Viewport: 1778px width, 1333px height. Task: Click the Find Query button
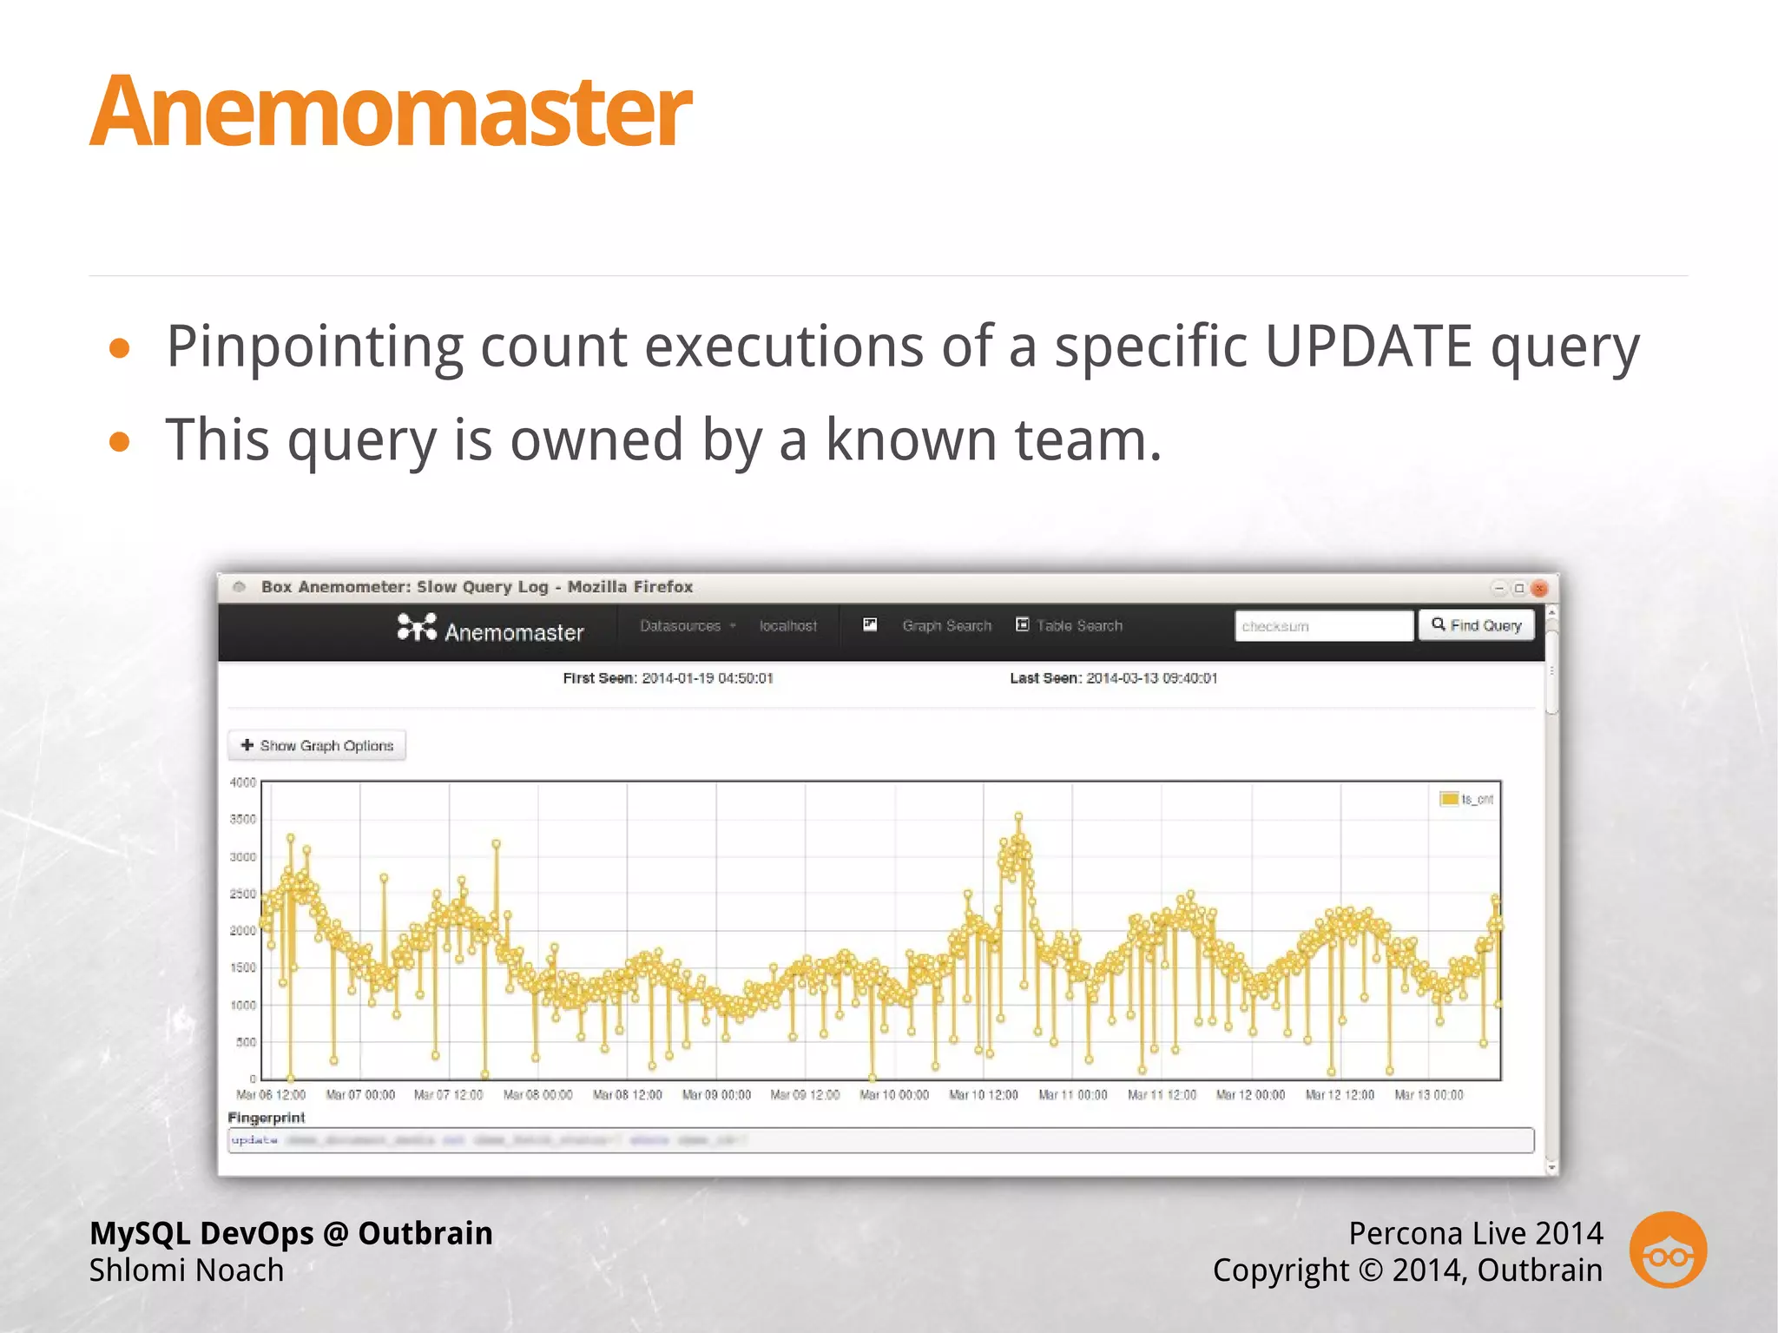tap(1476, 625)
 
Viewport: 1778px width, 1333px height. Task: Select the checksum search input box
tap(1323, 626)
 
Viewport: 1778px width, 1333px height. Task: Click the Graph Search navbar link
tap(946, 626)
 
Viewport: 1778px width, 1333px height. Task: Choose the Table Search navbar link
tap(1079, 626)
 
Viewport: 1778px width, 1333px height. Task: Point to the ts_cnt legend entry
tap(1467, 799)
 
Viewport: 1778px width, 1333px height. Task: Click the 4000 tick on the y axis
tap(243, 782)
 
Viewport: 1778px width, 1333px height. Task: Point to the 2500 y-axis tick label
tap(243, 894)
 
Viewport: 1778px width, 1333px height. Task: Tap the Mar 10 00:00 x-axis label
tap(894, 1095)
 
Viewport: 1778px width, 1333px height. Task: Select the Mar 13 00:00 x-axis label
tap(1429, 1095)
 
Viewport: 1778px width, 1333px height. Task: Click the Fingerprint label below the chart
tap(267, 1118)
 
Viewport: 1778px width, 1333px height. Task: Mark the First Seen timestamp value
tap(708, 678)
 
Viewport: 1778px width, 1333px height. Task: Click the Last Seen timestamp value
tap(1152, 678)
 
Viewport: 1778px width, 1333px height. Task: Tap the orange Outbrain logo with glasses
tap(1668, 1250)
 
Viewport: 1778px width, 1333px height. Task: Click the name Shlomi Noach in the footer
tap(187, 1270)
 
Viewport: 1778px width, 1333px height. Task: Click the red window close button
tap(1539, 588)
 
